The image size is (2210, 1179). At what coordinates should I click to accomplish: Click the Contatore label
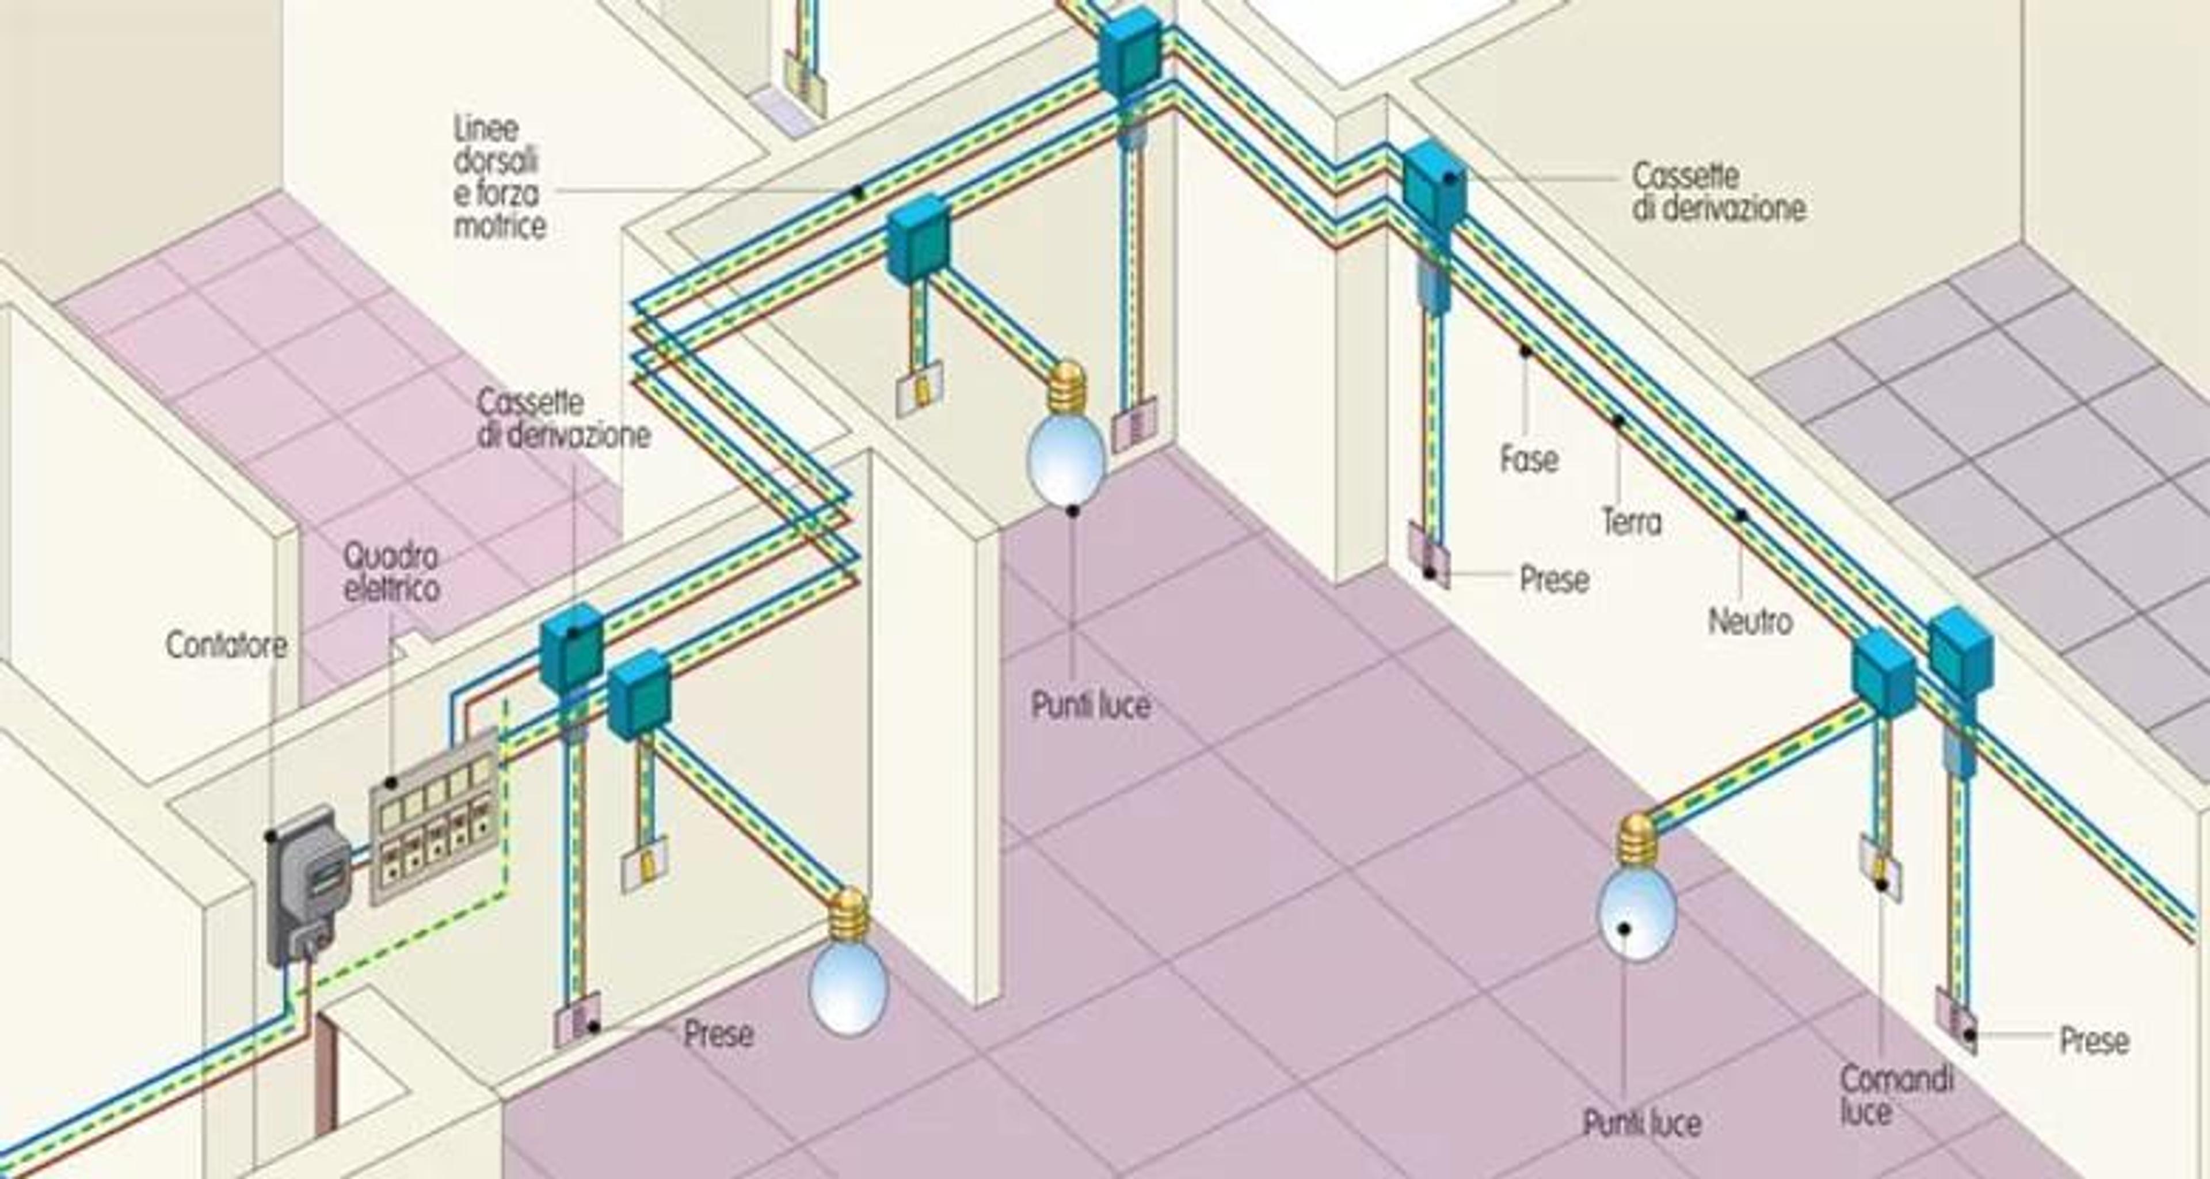point(227,645)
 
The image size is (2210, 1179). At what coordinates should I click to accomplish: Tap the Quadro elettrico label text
point(392,572)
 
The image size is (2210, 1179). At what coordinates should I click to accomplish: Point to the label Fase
point(1529,458)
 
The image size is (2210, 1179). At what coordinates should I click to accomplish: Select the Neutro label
point(1750,621)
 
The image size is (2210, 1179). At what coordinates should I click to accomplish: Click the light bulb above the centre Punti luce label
point(1067,433)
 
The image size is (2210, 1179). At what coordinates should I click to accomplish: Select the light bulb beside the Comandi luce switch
point(1636,887)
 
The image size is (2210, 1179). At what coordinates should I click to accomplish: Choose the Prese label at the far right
point(2094,1040)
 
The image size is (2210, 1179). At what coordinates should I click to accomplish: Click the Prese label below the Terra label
point(1554,579)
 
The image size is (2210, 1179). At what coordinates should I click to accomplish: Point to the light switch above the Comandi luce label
point(1880,868)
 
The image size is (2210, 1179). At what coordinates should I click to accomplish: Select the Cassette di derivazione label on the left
point(563,418)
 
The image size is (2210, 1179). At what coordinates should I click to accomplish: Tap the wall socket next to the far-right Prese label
point(1957,1022)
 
